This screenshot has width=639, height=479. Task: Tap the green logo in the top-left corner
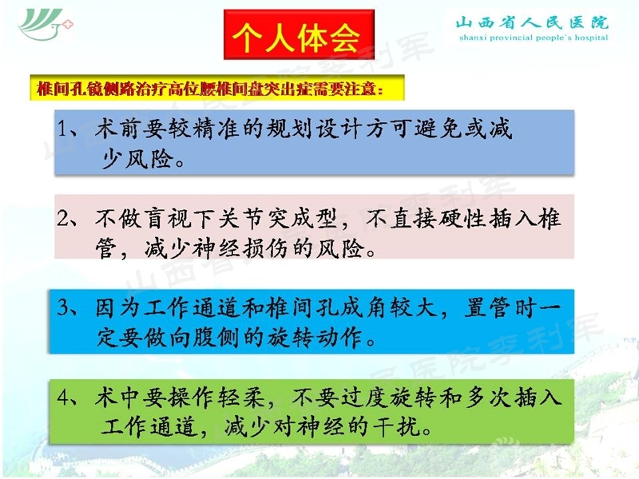[46, 25]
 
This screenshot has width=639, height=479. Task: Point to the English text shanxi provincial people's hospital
[531, 38]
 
